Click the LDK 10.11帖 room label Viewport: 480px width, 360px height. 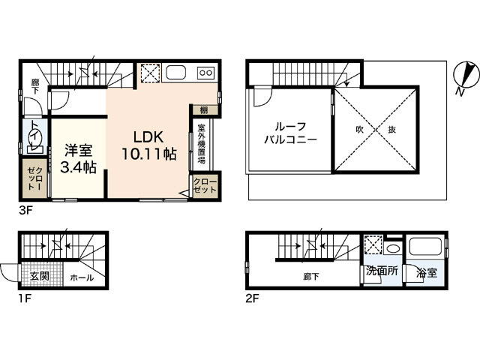pyautogui.click(x=149, y=145)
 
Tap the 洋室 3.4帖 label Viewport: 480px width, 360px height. pyautogui.click(x=78, y=158)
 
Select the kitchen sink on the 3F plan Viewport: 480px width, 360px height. pyautogui.click(x=175, y=73)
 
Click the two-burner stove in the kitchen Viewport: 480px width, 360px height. pyautogui.click(x=205, y=73)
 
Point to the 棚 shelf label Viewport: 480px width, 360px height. pyautogui.click(x=204, y=110)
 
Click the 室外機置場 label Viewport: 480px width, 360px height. pyautogui.click(x=201, y=143)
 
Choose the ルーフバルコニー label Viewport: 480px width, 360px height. pyautogui.click(x=290, y=133)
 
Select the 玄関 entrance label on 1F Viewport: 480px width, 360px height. pyautogui.click(x=40, y=276)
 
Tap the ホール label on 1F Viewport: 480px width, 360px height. pyautogui.click(x=82, y=278)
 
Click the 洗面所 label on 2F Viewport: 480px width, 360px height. pyautogui.click(x=382, y=271)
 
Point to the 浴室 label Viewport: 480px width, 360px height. pyautogui.click(x=427, y=273)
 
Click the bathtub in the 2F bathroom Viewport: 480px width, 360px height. pyautogui.click(x=425, y=247)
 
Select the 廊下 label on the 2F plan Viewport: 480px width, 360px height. pyautogui.click(x=311, y=277)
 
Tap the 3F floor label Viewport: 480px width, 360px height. pyautogui.click(x=25, y=211)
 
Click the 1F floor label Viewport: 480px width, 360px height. pyautogui.click(x=25, y=298)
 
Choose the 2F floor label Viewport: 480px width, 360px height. pyautogui.click(x=253, y=298)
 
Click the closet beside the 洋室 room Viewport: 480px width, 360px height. pyautogui.click(x=34, y=178)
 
